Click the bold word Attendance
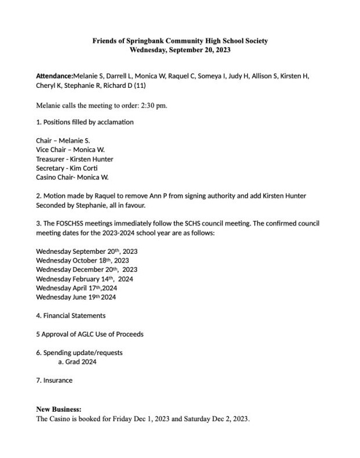coord(54,76)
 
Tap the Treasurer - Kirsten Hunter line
coord(74,159)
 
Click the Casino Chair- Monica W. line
coord(72,178)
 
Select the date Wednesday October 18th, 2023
coord(82,261)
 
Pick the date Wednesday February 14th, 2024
coord(85,279)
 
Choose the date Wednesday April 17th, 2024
coord(76,288)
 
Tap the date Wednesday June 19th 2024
coord(76,297)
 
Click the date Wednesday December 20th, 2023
coord(86,269)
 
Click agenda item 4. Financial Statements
coord(71,316)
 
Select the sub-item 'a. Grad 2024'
coord(77,362)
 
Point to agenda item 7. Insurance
coord(54,381)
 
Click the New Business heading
coord(58,409)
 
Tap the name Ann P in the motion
coord(177,196)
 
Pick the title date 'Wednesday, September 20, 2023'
coord(180,50)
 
